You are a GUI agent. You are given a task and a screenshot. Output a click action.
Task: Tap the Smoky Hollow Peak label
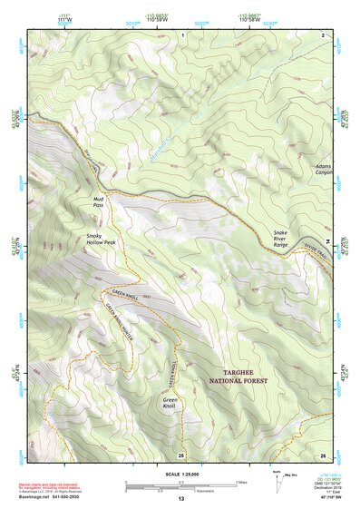(96, 240)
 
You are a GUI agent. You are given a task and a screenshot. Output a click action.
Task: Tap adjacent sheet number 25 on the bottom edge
(181, 454)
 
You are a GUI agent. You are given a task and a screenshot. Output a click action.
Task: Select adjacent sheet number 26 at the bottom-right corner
(322, 454)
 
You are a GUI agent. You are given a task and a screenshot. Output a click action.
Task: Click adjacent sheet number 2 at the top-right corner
(323, 34)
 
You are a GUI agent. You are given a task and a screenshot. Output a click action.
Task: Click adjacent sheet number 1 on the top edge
(181, 34)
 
